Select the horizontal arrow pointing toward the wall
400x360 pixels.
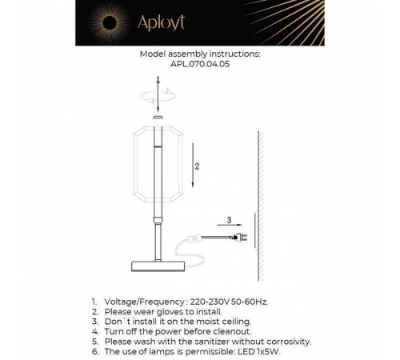click(232, 226)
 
